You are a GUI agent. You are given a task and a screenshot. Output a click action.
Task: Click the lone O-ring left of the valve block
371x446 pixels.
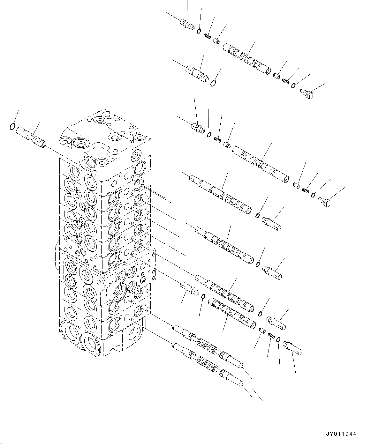(12, 127)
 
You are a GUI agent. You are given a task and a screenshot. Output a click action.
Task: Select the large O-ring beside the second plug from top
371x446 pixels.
(214, 83)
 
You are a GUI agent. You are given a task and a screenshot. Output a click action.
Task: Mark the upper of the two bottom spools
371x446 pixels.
(208, 346)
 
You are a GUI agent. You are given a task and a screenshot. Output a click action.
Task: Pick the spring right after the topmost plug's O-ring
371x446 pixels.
(208, 37)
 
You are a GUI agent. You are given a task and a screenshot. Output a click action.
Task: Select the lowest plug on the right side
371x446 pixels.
(292, 347)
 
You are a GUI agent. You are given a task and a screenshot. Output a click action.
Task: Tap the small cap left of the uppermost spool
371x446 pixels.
(217, 41)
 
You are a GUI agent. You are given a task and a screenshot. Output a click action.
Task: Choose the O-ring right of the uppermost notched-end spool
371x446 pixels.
(257, 216)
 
